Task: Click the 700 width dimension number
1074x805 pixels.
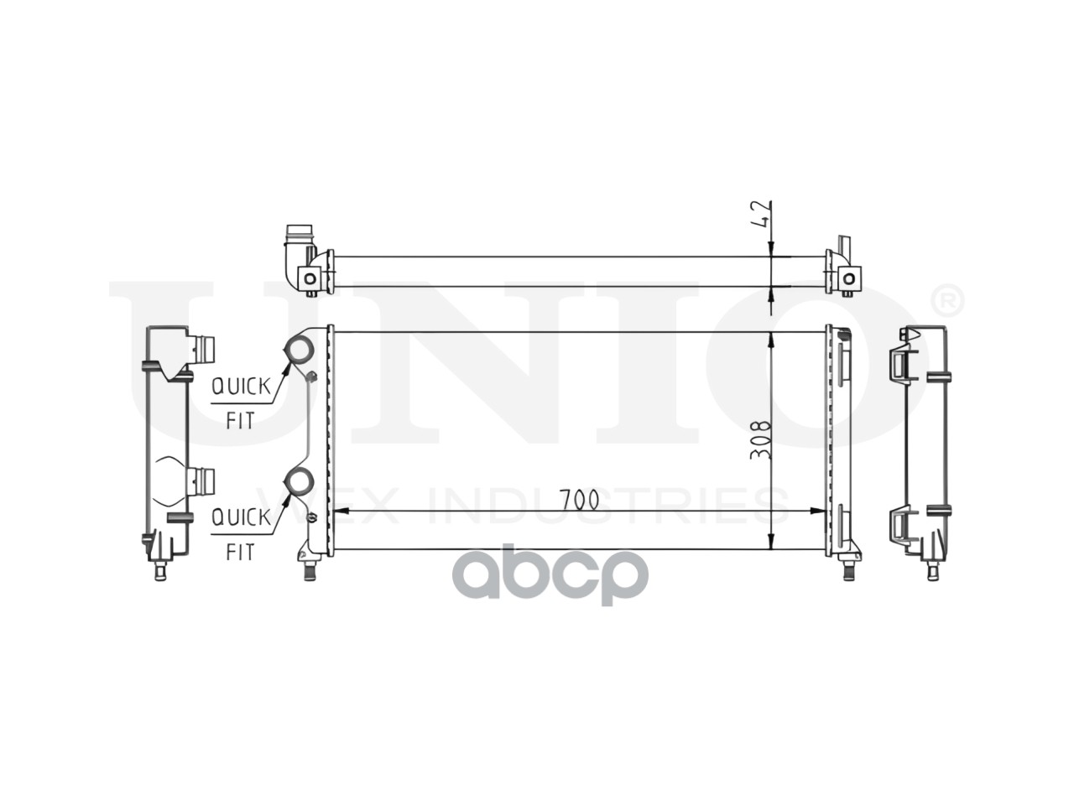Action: [579, 500]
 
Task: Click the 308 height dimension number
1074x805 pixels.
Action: [761, 439]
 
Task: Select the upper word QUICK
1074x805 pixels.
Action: [240, 387]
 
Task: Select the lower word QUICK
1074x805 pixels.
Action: [240, 517]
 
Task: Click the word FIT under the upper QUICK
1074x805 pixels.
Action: [240, 421]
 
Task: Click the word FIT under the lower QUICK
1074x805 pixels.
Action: [240, 553]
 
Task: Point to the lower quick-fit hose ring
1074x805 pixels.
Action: [299, 480]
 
